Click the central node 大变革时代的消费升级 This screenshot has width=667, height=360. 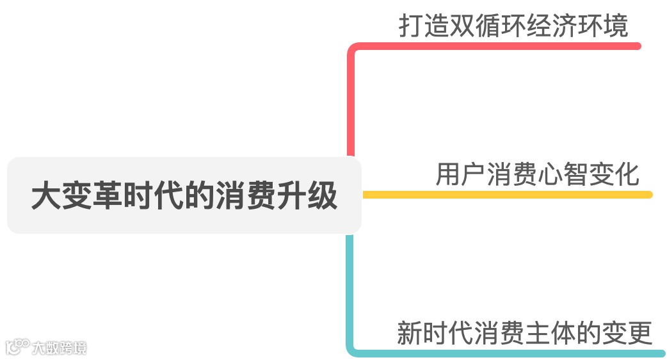point(184,195)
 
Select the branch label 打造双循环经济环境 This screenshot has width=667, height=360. point(513,26)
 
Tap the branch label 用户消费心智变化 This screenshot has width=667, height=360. point(538,174)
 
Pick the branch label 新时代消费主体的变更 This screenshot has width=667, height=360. point(524,333)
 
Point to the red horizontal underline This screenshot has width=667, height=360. point(499,46)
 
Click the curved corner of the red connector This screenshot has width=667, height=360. point(352,50)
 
